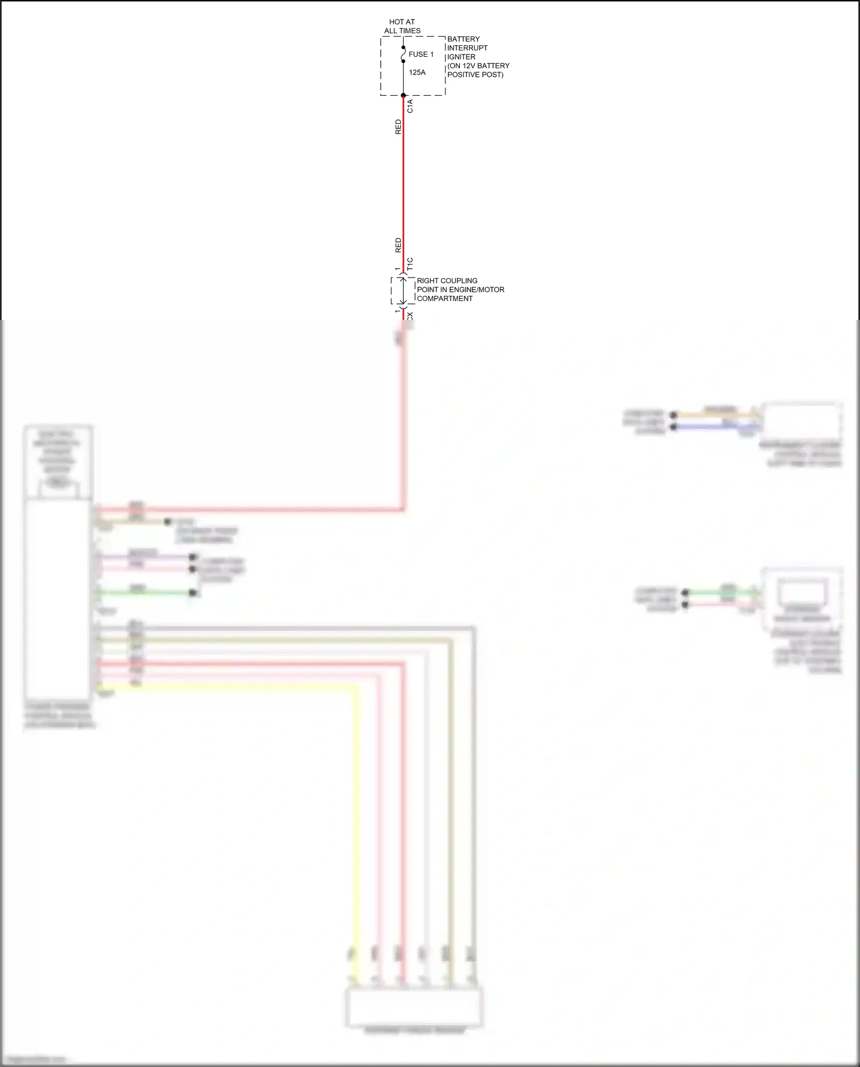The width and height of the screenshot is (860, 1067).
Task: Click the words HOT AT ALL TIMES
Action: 402,26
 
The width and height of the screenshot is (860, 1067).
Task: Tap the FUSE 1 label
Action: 421,54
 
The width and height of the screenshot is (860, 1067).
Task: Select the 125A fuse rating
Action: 417,73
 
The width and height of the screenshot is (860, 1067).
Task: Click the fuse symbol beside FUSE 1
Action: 403,54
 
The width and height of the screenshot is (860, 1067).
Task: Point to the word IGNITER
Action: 461,57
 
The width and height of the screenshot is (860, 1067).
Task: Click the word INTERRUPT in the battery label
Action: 467,48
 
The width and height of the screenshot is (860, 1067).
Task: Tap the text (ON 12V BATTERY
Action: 478,66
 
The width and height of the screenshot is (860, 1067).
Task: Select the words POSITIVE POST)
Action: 475,75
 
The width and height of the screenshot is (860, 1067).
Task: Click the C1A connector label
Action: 410,106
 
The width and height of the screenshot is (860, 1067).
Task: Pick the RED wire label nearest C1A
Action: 398,127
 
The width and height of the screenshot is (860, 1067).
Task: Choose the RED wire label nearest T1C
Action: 398,245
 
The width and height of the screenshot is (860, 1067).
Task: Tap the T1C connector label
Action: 410,264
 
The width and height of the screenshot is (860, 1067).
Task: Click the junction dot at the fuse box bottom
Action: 403,95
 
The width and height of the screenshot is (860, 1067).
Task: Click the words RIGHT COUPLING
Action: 447,281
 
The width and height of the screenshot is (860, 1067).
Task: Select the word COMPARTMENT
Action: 444,299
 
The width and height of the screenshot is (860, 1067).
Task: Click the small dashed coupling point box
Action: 403,291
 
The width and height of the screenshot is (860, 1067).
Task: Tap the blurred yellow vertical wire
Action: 355,831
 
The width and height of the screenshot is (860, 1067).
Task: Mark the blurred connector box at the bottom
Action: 414,1008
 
